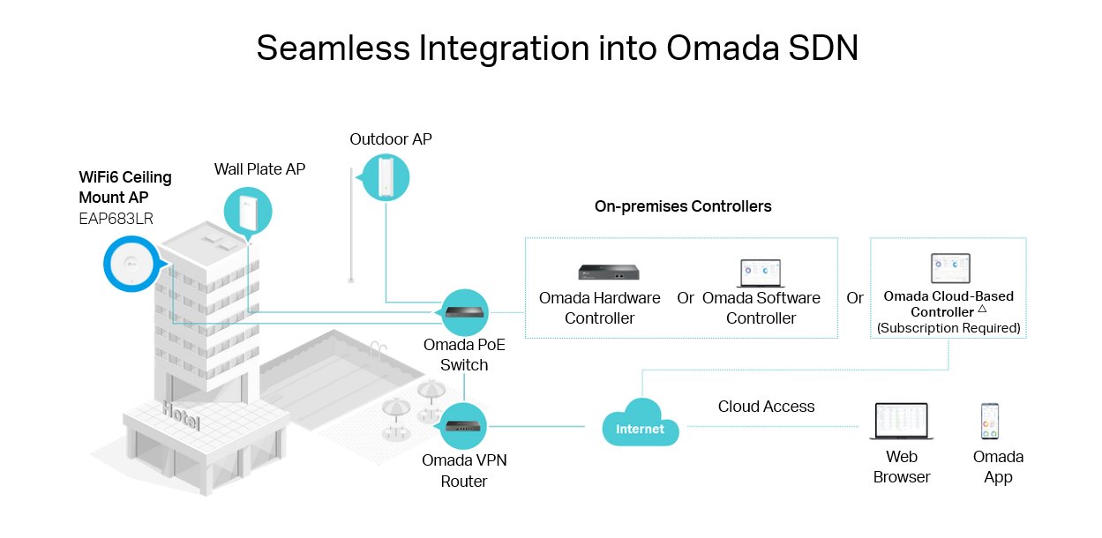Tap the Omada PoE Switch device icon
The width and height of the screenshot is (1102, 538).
[464, 312]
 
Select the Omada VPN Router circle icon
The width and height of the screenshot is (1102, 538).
[463, 427]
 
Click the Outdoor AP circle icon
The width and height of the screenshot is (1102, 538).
[386, 176]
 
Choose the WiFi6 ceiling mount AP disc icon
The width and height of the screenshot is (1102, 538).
[131, 264]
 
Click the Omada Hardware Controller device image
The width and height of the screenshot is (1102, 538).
[609, 272]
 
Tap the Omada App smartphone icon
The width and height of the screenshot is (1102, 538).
[990, 422]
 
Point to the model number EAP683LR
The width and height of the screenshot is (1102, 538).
[116, 218]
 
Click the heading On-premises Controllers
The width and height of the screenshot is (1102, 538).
[683, 206]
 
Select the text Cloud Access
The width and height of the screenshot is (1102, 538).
[766, 407]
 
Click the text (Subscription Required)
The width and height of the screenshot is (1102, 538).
[948, 328]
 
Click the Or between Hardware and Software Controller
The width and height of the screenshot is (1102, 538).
[686, 298]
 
